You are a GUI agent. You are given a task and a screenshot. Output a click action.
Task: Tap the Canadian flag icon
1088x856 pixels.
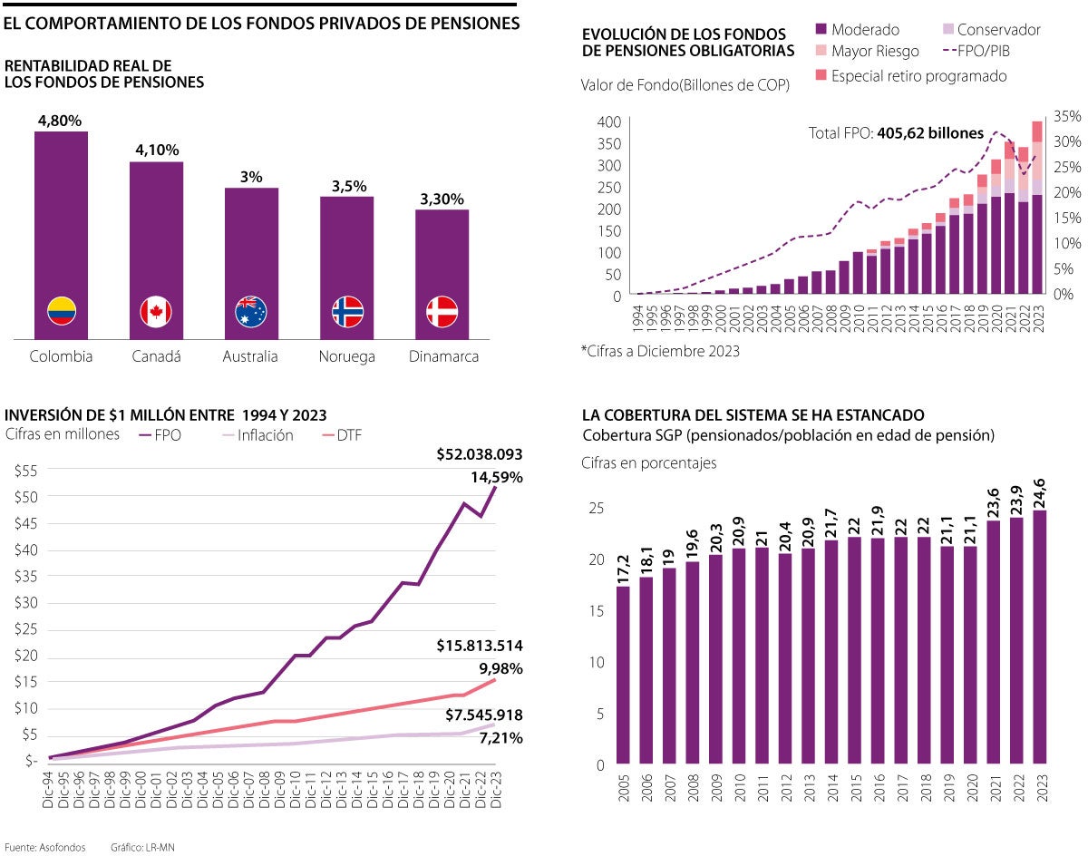(156, 312)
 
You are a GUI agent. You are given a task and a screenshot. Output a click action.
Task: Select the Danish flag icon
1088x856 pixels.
(442, 312)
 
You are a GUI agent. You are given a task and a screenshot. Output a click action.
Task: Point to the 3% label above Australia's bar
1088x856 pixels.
(251, 177)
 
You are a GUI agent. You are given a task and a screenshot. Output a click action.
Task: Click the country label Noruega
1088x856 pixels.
(346, 356)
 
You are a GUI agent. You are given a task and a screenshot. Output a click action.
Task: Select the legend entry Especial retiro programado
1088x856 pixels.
(909, 76)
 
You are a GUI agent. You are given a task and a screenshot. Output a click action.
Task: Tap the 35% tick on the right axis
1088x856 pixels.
(1069, 116)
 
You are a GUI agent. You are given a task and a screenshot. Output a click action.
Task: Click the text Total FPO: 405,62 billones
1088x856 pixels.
(896, 133)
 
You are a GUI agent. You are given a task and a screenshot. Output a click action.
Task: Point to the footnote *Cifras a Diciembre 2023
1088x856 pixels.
(659, 351)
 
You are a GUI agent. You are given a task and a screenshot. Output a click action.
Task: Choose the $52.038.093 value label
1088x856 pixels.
(479, 454)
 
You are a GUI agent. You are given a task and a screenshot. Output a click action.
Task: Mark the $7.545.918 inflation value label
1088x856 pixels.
(483, 715)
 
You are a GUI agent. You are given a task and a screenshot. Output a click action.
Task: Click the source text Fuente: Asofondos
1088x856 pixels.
(45, 847)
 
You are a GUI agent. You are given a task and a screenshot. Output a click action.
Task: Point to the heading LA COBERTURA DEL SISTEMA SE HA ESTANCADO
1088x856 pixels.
(753, 415)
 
